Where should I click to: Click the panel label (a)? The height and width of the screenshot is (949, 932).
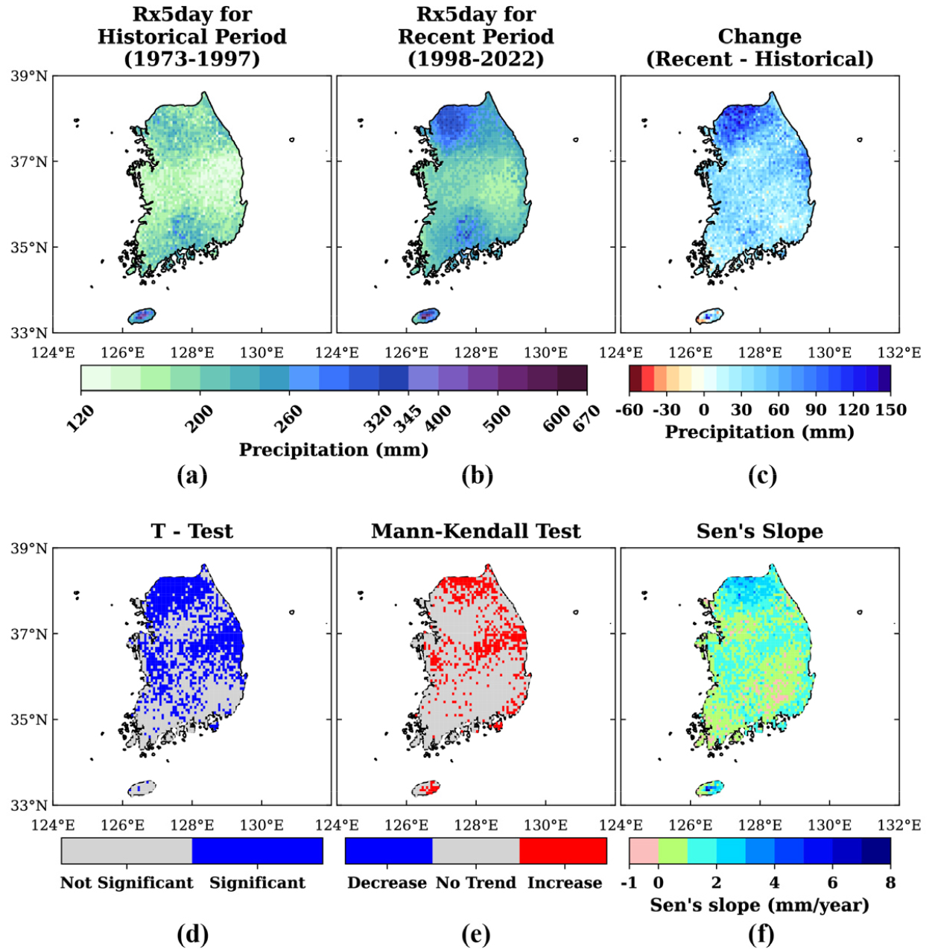192,476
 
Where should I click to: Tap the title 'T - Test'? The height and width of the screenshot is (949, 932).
191,531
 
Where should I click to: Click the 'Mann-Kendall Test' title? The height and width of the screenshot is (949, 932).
476,531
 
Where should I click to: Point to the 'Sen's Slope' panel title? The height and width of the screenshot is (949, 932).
760,531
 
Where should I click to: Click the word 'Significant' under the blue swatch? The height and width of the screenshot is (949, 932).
258,883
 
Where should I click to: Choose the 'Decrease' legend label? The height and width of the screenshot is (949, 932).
387,883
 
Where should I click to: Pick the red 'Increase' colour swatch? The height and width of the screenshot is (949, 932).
562,851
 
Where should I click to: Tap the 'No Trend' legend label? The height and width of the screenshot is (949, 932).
476,883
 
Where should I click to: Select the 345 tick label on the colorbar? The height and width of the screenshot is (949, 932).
409,418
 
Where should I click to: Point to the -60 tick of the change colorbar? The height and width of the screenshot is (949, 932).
630,409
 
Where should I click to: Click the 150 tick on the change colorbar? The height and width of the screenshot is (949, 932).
890,409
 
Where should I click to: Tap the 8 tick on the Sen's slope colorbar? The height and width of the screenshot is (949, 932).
890,882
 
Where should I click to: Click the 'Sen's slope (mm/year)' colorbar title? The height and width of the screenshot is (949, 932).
759,905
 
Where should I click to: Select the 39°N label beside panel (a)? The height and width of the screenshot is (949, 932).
29,77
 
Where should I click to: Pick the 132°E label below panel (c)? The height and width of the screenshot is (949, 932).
902,353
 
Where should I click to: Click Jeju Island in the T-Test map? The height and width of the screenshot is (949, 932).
142,788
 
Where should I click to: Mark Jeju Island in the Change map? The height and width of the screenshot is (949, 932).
709,316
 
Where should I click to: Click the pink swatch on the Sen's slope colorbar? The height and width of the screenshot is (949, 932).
644,851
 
